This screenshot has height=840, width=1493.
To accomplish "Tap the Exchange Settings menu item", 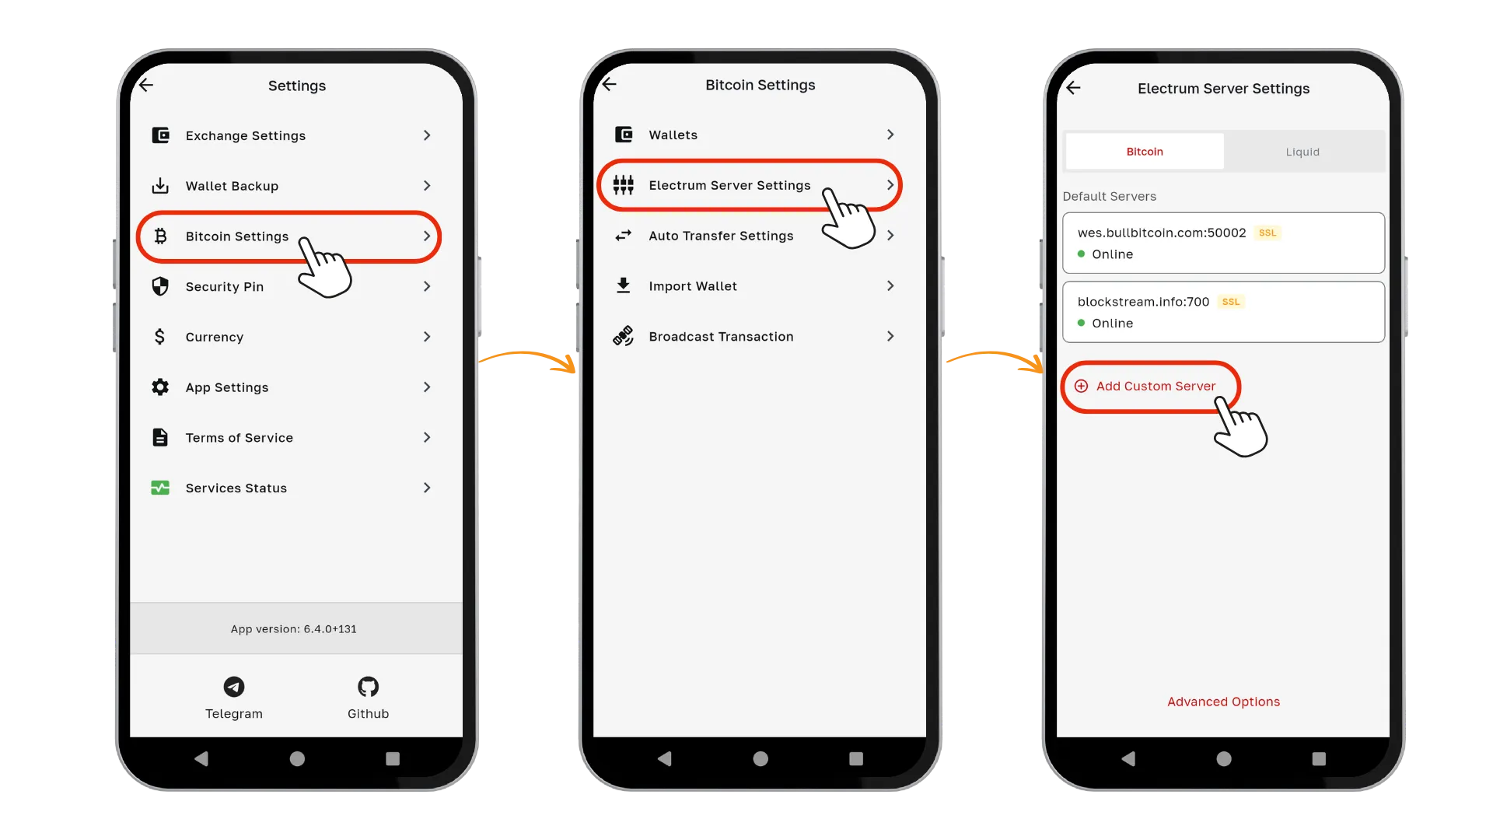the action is [x=246, y=135].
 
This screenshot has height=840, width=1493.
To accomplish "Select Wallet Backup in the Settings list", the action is [x=232, y=186].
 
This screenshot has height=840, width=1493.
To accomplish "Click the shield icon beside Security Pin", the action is [x=160, y=286].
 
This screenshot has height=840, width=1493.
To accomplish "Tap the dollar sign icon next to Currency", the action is [x=159, y=337].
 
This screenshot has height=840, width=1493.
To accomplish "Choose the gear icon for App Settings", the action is [x=160, y=387].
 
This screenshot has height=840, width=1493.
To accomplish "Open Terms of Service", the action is [x=240, y=438].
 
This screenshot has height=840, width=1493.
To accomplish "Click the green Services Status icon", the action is [x=160, y=488].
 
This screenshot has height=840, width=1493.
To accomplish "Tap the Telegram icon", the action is [x=234, y=687].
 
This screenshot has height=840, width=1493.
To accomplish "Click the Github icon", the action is [x=368, y=687].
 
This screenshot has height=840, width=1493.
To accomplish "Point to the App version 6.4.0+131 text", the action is [x=294, y=629].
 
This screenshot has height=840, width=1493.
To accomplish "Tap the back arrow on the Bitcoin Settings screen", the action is [x=610, y=84].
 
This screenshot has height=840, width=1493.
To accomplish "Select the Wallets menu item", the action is [x=673, y=135].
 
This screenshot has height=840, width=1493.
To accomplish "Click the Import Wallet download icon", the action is [x=624, y=285].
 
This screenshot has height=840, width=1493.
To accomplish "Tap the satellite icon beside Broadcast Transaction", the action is [x=624, y=336].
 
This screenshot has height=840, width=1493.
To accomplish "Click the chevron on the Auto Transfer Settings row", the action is [x=890, y=236].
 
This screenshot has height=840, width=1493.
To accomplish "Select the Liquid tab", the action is [x=1302, y=152].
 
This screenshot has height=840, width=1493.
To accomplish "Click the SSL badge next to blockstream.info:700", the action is [x=1231, y=302].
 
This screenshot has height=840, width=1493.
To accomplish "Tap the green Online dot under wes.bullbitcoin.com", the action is [x=1081, y=254].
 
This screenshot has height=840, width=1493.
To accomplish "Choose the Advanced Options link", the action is [x=1223, y=702].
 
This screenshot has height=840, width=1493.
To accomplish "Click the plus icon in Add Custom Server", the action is [x=1081, y=387].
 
